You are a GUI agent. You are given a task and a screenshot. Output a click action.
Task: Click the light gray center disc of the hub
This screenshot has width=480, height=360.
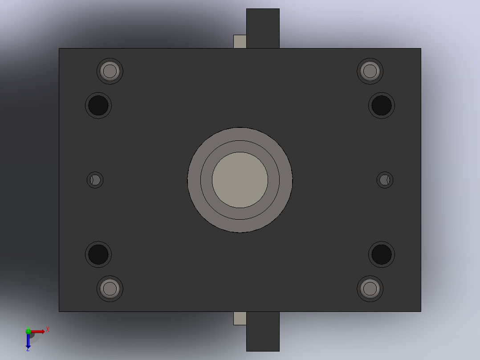coord(240,180)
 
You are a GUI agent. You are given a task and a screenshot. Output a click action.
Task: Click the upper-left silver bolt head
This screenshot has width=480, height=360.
coord(110,71)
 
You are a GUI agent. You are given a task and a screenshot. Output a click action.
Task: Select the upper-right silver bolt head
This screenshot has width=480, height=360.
coord(370,71)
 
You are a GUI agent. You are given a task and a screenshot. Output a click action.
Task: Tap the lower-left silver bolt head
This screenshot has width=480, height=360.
coord(110,289)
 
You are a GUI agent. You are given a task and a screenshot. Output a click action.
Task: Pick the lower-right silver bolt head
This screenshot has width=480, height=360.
coord(370,289)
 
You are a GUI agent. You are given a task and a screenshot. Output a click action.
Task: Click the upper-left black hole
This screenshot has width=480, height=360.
coord(98,106)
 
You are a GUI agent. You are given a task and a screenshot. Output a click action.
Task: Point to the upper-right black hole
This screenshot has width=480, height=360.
coord(382,106)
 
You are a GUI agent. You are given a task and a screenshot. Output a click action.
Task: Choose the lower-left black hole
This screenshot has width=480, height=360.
coord(98,254)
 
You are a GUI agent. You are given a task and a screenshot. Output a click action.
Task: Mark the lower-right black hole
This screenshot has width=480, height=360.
coord(382,254)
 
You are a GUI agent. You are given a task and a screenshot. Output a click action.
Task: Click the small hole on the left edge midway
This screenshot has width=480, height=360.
coord(95,180)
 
